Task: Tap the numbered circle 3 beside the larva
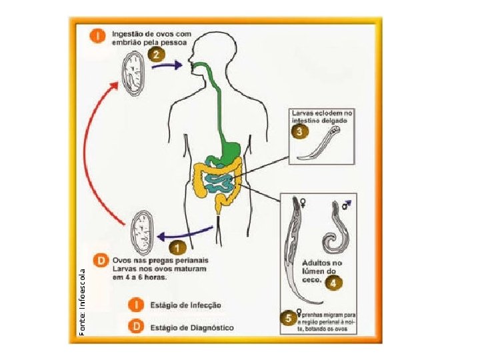click(x=301, y=131)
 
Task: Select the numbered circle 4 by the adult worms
click(x=333, y=283)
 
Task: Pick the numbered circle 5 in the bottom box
click(x=289, y=318)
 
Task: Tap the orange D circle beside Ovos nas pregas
click(x=101, y=259)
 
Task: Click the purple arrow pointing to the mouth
click(x=167, y=65)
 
